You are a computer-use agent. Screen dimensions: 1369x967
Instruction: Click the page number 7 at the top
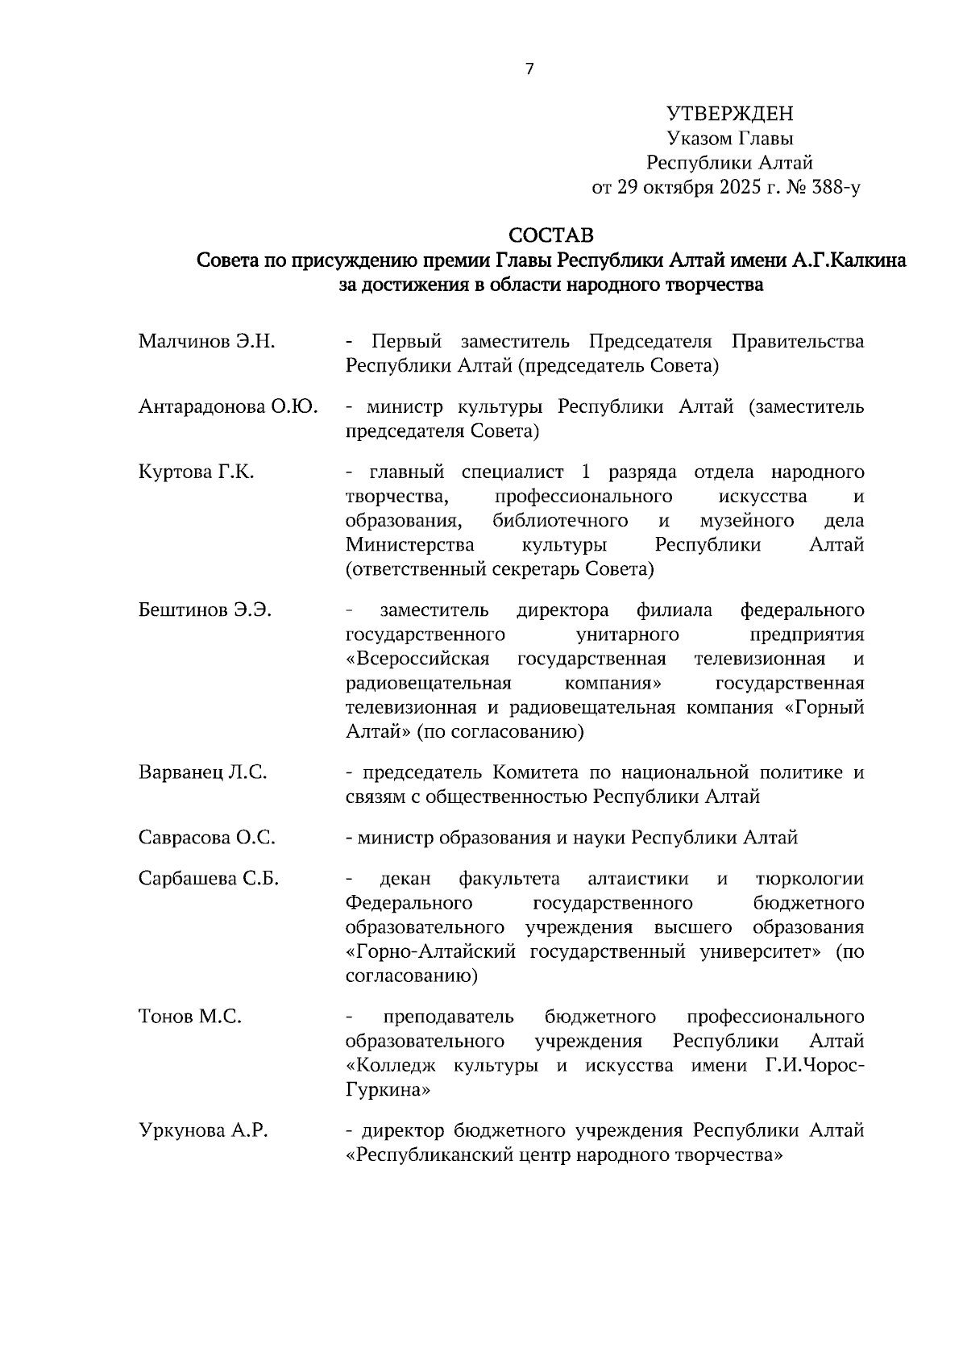point(529,69)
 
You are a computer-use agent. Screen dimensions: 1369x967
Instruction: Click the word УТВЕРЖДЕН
point(730,114)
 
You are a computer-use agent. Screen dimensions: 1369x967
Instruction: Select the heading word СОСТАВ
point(551,235)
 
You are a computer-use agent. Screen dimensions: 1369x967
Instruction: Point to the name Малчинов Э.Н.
point(206,341)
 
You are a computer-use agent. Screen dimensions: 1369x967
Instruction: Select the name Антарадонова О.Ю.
point(227,406)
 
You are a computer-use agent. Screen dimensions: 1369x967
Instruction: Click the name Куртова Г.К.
point(196,472)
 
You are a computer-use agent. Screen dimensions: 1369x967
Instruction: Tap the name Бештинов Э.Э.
point(205,610)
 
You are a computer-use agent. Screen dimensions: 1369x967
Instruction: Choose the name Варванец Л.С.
point(202,772)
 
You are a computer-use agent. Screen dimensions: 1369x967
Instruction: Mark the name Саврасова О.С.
point(206,838)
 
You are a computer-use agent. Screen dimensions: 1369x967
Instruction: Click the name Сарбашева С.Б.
point(208,879)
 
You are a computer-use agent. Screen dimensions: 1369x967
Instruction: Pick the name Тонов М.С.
point(190,1017)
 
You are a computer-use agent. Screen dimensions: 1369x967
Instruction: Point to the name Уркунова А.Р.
point(203,1130)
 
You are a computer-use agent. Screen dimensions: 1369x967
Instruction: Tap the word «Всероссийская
point(417,659)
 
